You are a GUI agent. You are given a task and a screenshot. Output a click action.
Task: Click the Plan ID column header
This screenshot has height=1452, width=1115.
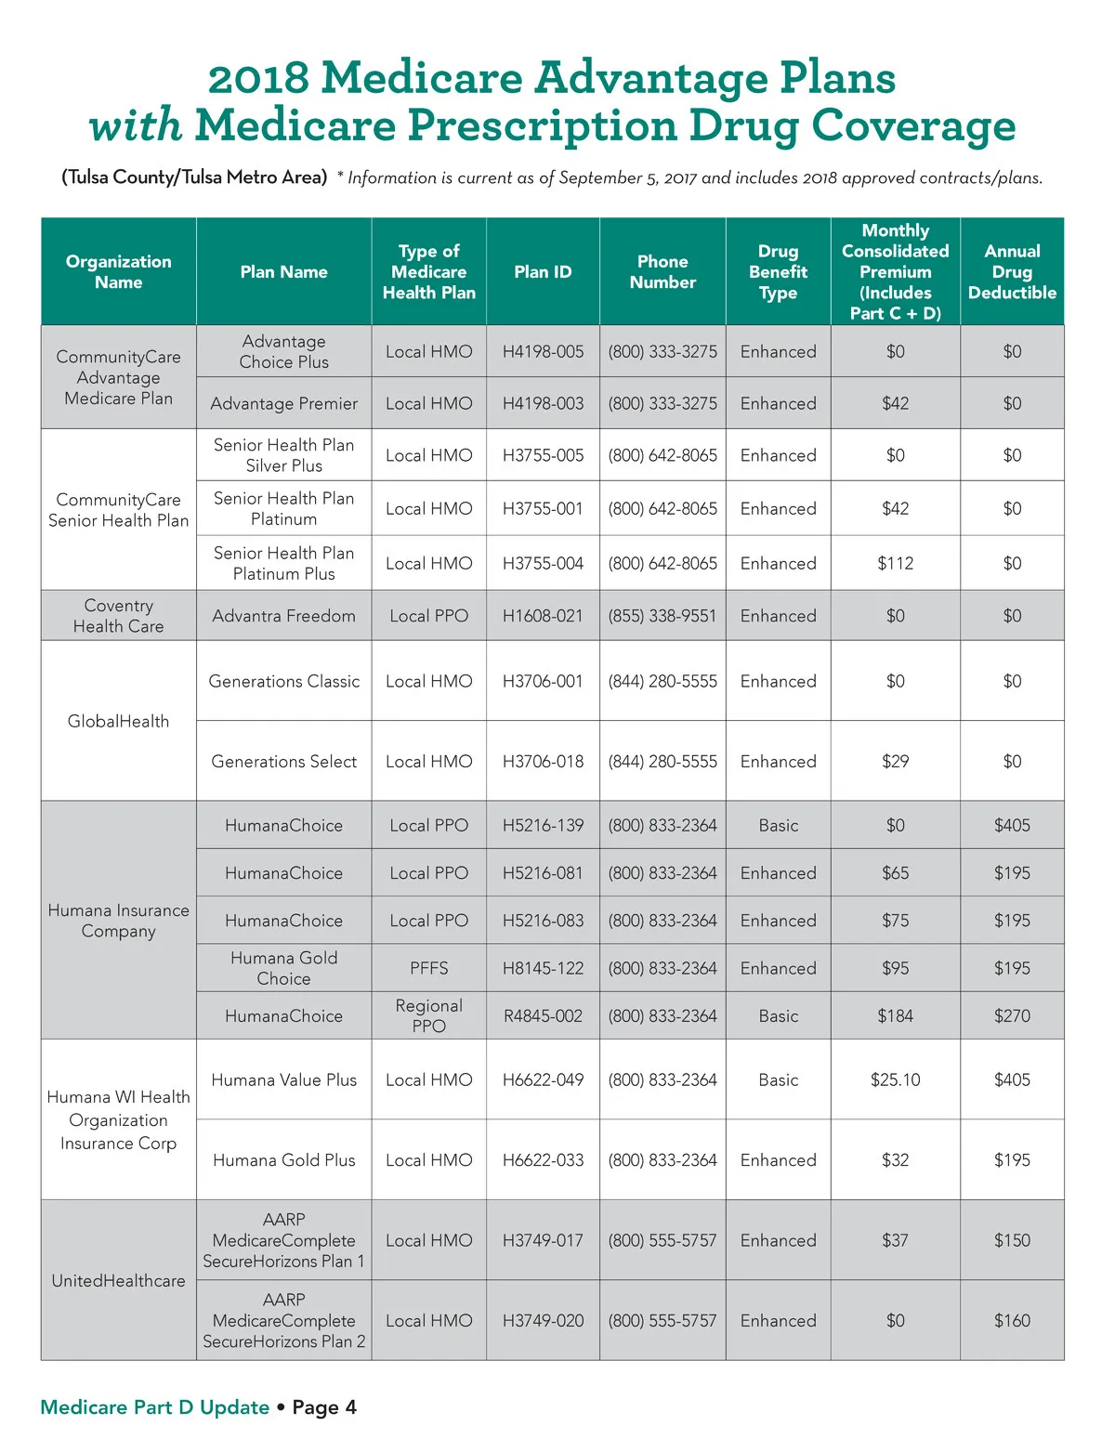point(543,271)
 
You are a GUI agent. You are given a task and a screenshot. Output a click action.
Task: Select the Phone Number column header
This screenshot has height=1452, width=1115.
point(662,271)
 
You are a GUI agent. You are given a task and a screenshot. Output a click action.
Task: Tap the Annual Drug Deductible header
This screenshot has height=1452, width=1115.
point(1012,271)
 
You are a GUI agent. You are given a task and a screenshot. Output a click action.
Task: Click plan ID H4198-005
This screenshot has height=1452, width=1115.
point(543,351)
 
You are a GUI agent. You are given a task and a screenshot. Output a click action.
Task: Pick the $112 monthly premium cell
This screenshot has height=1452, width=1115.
point(895,563)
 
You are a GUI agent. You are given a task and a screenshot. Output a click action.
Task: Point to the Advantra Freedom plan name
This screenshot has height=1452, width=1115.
point(283,615)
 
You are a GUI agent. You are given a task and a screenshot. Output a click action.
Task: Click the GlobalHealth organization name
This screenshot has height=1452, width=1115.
point(118,721)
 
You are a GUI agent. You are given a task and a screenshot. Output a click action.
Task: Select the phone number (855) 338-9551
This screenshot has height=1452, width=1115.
point(662,615)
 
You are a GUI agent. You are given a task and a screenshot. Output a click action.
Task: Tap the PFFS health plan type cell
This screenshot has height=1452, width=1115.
point(428,968)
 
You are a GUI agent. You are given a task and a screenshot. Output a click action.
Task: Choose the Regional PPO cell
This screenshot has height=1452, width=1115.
point(428,1015)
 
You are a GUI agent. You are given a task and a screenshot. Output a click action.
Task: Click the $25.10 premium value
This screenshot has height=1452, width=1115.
point(895,1079)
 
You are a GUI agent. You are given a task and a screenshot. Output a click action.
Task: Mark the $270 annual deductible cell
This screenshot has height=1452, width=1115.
point(1012,1015)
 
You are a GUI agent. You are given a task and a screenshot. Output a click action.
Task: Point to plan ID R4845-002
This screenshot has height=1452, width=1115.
point(543,1015)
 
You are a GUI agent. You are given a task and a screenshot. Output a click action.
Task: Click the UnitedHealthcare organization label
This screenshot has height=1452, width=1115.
point(118,1280)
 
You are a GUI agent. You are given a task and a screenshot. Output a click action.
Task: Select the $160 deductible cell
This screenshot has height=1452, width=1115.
point(1012,1320)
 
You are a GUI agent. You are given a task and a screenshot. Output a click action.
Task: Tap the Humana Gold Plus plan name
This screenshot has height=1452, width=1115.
point(283,1159)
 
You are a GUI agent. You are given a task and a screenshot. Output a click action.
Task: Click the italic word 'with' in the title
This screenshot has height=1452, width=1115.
point(136,125)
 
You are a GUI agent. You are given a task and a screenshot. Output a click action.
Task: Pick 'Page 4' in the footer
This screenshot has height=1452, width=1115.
point(324,1407)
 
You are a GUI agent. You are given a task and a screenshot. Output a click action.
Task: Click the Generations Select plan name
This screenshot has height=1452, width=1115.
point(283,761)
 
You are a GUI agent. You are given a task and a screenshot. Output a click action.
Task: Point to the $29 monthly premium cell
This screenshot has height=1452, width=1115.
point(895,761)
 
